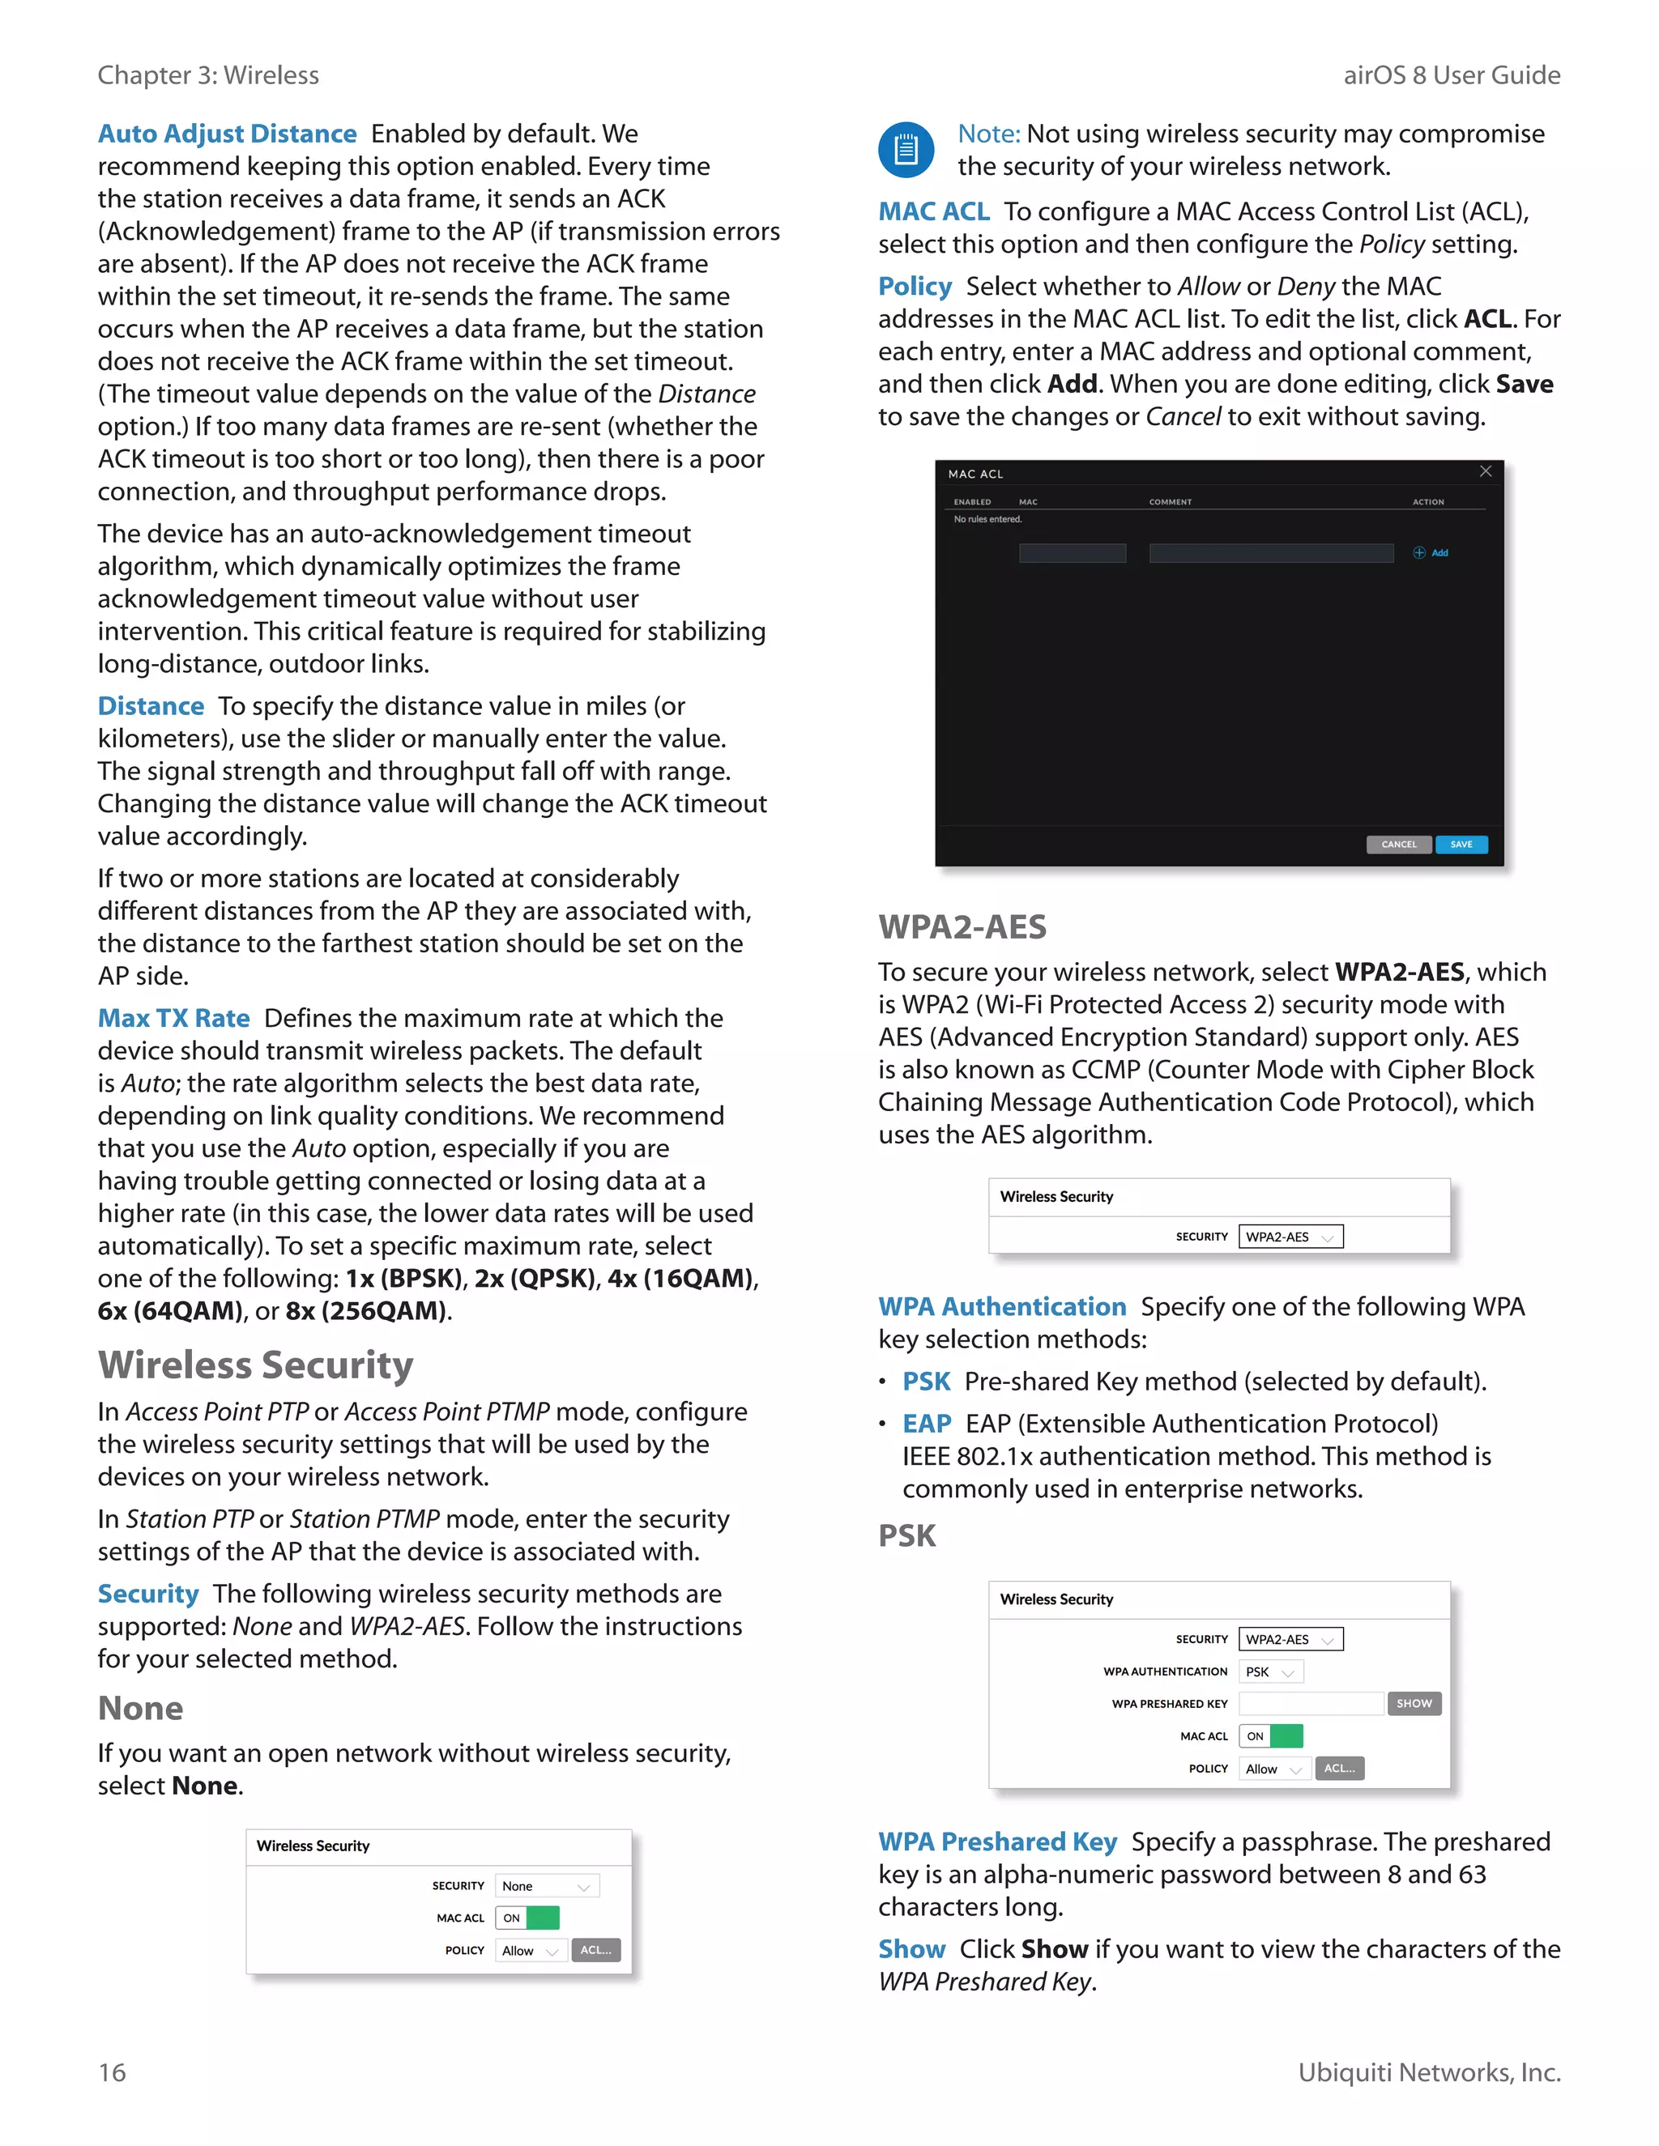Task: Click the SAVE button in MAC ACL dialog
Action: [x=1461, y=844]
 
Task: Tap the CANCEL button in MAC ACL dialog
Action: [x=1398, y=844]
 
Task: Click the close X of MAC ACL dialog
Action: [x=1485, y=471]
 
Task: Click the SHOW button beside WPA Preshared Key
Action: [x=1414, y=1703]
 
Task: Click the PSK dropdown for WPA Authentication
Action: [x=1270, y=1671]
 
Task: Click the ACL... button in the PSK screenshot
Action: [x=1338, y=1768]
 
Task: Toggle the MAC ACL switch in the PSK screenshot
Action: [x=1271, y=1736]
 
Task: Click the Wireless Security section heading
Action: [x=255, y=1365]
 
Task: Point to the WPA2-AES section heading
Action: [x=962, y=926]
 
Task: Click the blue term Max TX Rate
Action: [x=174, y=1018]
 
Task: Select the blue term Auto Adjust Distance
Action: [x=227, y=134]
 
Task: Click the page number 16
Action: [x=112, y=2072]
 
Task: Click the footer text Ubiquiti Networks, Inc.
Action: [x=1428, y=2072]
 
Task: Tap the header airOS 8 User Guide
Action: [x=1451, y=75]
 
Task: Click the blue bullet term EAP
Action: [x=926, y=1424]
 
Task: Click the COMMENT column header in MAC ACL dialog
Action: [x=1170, y=502]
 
